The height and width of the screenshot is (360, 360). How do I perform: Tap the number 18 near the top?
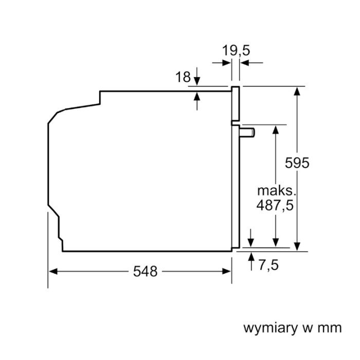pyautogui.click(x=183, y=78)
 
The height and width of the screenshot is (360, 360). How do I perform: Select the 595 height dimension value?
pyautogui.click(x=297, y=163)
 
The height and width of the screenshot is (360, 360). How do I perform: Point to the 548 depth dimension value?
pyautogui.click(x=145, y=272)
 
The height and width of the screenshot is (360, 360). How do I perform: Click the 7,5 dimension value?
pyautogui.click(x=268, y=265)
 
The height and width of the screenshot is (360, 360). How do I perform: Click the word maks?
pyautogui.click(x=277, y=190)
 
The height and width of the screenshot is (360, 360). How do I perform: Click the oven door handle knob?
pyautogui.click(x=249, y=133)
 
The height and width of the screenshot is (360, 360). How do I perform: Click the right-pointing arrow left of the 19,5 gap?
pyautogui.click(x=227, y=63)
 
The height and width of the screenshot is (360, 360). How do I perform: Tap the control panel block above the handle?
pyautogui.click(x=236, y=105)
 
